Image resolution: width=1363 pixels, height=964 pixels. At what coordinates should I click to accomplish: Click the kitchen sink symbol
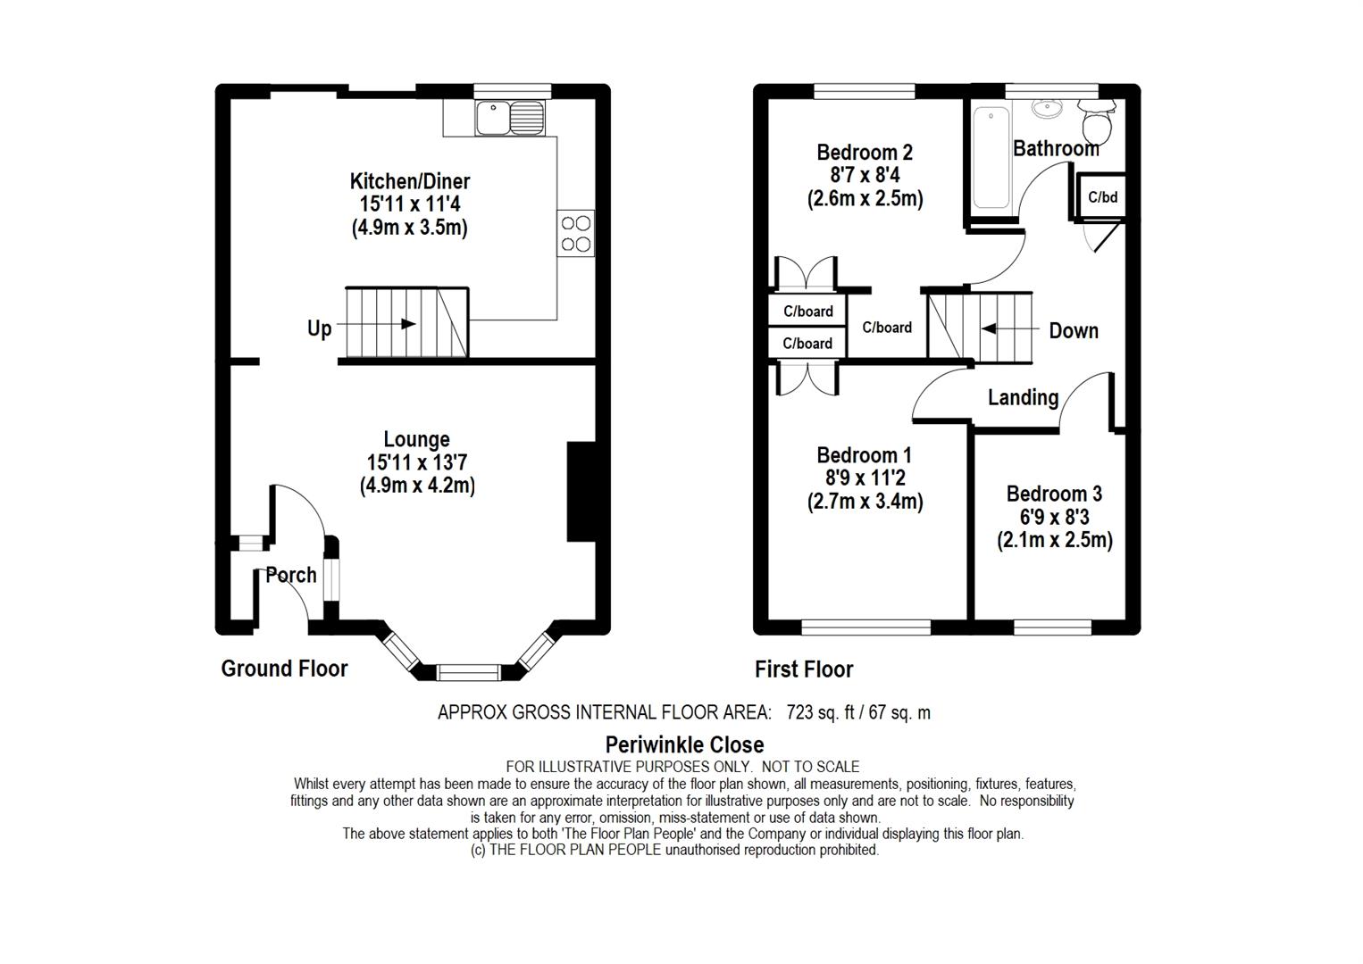pyautogui.click(x=509, y=117)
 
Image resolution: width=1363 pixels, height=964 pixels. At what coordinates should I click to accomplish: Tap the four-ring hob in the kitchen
pyautogui.click(x=575, y=233)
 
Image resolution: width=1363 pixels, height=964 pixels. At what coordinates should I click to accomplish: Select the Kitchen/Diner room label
pyautogui.click(x=409, y=182)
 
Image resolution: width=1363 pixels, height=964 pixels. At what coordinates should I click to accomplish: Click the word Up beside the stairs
pyautogui.click(x=319, y=328)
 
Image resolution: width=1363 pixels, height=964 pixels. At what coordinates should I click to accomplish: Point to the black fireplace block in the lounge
pyautogui.click(x=581, y=492)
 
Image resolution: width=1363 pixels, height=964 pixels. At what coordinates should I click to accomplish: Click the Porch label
pyautogui.click(x=291, y=575)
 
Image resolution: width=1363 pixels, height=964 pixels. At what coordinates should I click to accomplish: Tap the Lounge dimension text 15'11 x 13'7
pyautogui.click(x=416, y=462)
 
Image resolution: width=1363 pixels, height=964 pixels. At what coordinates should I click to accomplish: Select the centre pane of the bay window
pyautogui.click(x=470, y=671)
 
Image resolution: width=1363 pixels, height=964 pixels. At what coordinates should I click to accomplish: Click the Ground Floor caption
pyautogui.click(x=284, y=669)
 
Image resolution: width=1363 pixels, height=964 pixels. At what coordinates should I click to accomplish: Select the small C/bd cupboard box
pyautogui.click(x=1102, y=196)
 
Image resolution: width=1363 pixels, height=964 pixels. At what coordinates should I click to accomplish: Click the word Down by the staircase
pyautogui.click(x=1073, y=330)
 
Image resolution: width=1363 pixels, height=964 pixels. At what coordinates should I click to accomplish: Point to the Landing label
pyautogui.click(x=1023, y=397)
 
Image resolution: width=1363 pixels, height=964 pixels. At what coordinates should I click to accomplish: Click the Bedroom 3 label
pyautogui.click(x=1054, y=494)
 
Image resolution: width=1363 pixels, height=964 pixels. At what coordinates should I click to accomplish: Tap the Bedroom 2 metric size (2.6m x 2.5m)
pyautogui.click(x=865, y=198)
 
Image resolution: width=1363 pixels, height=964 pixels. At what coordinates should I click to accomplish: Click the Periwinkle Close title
pyautogui.click(x=684, y=744)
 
